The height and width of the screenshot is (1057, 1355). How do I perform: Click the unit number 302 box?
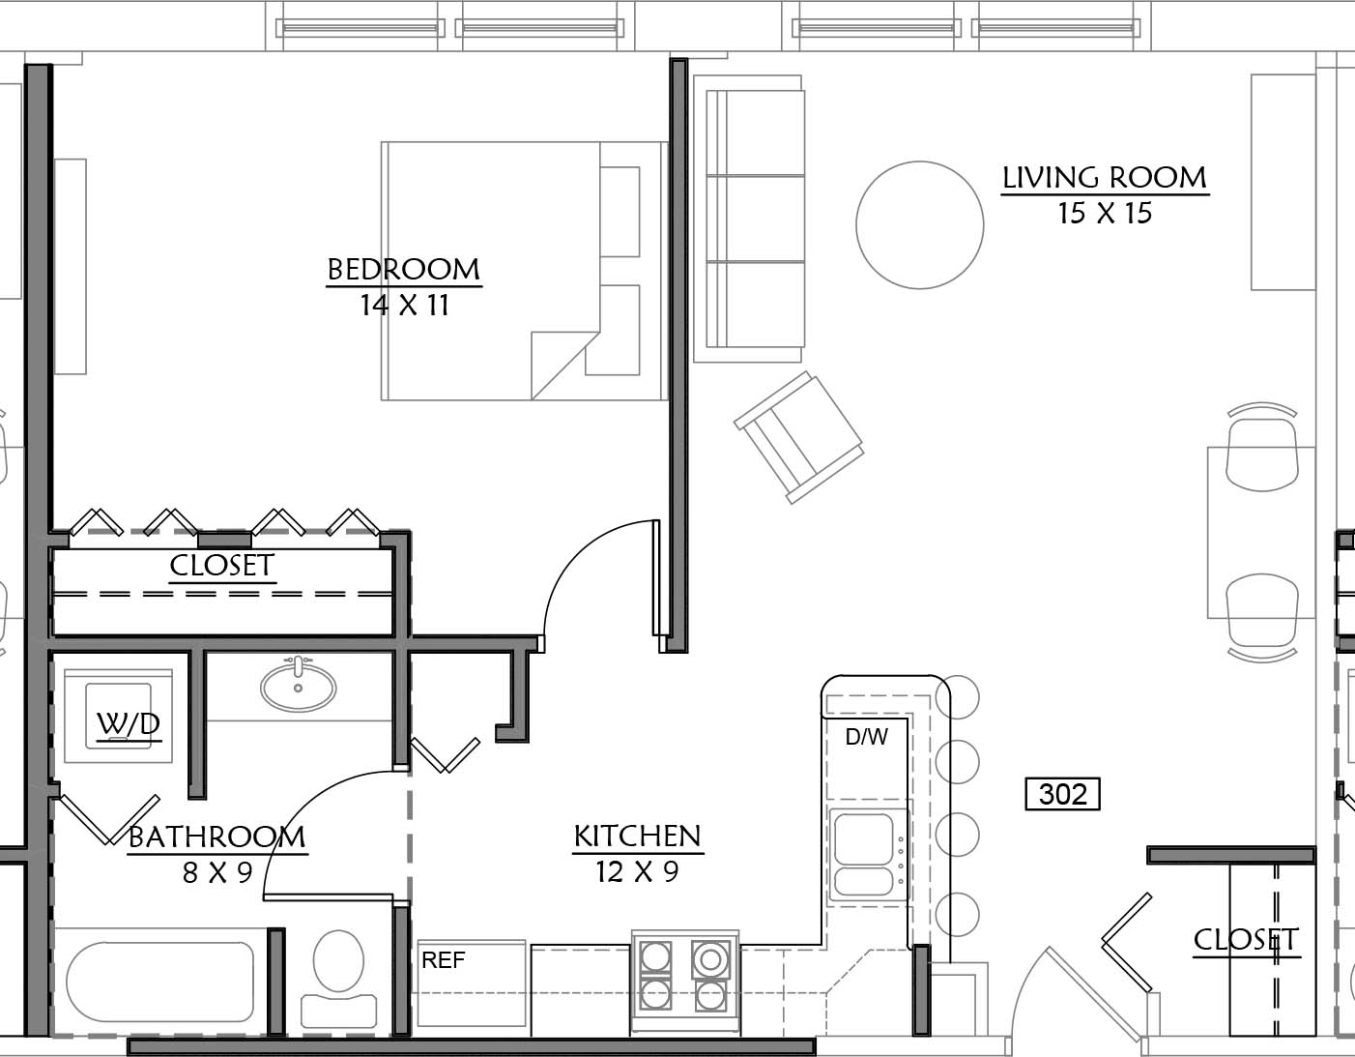pyautogui.click(x=1062, y=794)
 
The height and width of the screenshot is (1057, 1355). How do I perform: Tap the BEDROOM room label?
pyautogui.click(x=403, y=270)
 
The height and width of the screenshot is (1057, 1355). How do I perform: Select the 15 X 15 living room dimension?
pyautogui.click(x=1105, y=214)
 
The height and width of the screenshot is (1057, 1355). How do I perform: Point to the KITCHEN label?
pyautogui.click(x=637, y=837)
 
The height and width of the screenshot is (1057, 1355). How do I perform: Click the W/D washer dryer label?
pyautogui.click(x=129, y=724)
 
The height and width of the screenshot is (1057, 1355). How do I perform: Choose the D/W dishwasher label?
pyautogui.click(x=866, y=737)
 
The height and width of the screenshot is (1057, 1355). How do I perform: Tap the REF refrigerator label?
pyautogui.click(x=444, y=960)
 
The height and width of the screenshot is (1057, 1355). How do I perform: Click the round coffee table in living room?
pyautogui.click(x=920, y=225)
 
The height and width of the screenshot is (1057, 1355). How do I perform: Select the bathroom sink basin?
pyautogui.click(x=298, y=687)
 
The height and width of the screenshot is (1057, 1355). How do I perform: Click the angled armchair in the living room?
pyautogui.click(x=798, y=437)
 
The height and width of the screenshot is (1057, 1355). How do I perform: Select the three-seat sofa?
pyautogui.click(x=755, y=219)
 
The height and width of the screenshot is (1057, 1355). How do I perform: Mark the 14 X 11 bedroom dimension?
pyautogui.click(x=405, y=306)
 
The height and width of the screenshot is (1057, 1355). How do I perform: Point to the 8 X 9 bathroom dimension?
pyautogui.click(x=217, y=872)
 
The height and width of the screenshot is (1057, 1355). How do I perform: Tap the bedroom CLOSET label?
pyautogui.click(x=222, y=566)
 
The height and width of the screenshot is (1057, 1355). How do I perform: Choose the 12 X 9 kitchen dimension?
pyautogui.click(x=637, y=871)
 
